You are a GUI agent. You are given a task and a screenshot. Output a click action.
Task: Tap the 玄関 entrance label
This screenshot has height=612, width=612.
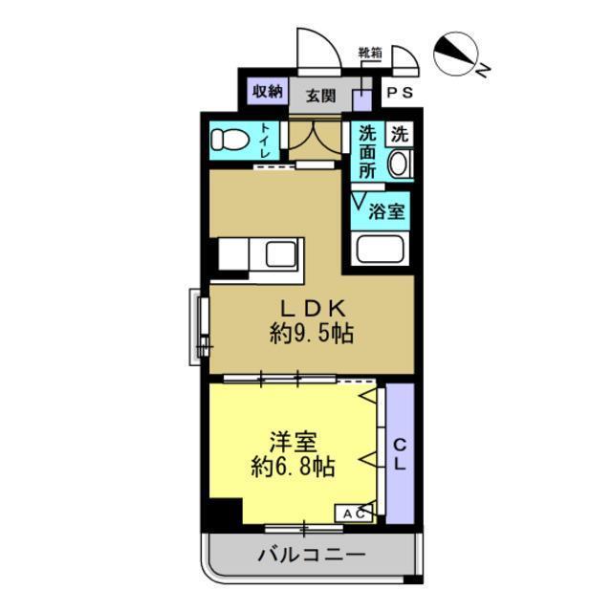(x=320, y=95)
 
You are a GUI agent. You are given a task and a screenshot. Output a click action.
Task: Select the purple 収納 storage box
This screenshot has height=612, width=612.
(x=268, y=93)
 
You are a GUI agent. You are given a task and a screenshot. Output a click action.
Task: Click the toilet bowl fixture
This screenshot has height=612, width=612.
(x=229, y=140)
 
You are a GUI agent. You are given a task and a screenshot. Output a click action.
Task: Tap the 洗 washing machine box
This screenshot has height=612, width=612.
(x=399, y=135)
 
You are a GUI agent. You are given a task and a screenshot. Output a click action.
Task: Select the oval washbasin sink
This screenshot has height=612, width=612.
(x=399, y=164)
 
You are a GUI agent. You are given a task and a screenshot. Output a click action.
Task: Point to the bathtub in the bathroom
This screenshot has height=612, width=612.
(x=380, y=250)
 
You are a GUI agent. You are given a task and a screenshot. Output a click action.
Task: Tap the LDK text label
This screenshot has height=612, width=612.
(x=311, y=309)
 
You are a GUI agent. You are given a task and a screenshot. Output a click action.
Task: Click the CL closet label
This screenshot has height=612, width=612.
(x=400, y=455)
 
